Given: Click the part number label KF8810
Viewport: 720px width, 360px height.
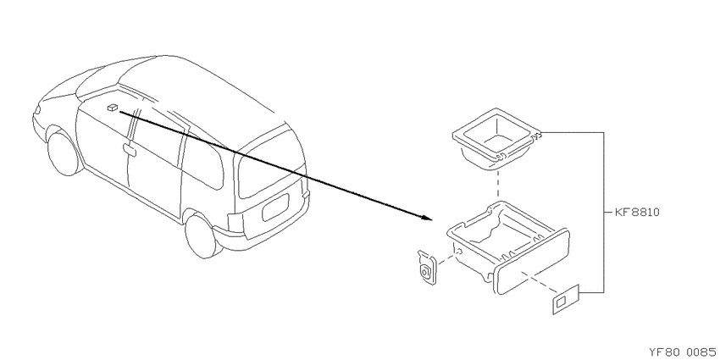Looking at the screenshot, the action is pos(638,213).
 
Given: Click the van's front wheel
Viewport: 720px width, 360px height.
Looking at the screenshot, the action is pos(64,153).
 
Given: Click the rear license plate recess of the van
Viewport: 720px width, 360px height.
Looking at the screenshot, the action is pos(274,208).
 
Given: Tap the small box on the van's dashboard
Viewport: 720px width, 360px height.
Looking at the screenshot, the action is pos(112,108).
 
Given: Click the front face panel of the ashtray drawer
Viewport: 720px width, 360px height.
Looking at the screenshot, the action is pos(531,263).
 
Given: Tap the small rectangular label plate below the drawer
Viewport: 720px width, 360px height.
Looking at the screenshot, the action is pos(566,300).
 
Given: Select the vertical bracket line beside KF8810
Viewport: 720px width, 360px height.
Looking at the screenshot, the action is pos(603,212).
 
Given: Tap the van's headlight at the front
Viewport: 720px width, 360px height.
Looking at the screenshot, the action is pos(36,110).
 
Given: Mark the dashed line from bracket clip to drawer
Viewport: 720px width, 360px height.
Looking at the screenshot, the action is pos(446,259).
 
